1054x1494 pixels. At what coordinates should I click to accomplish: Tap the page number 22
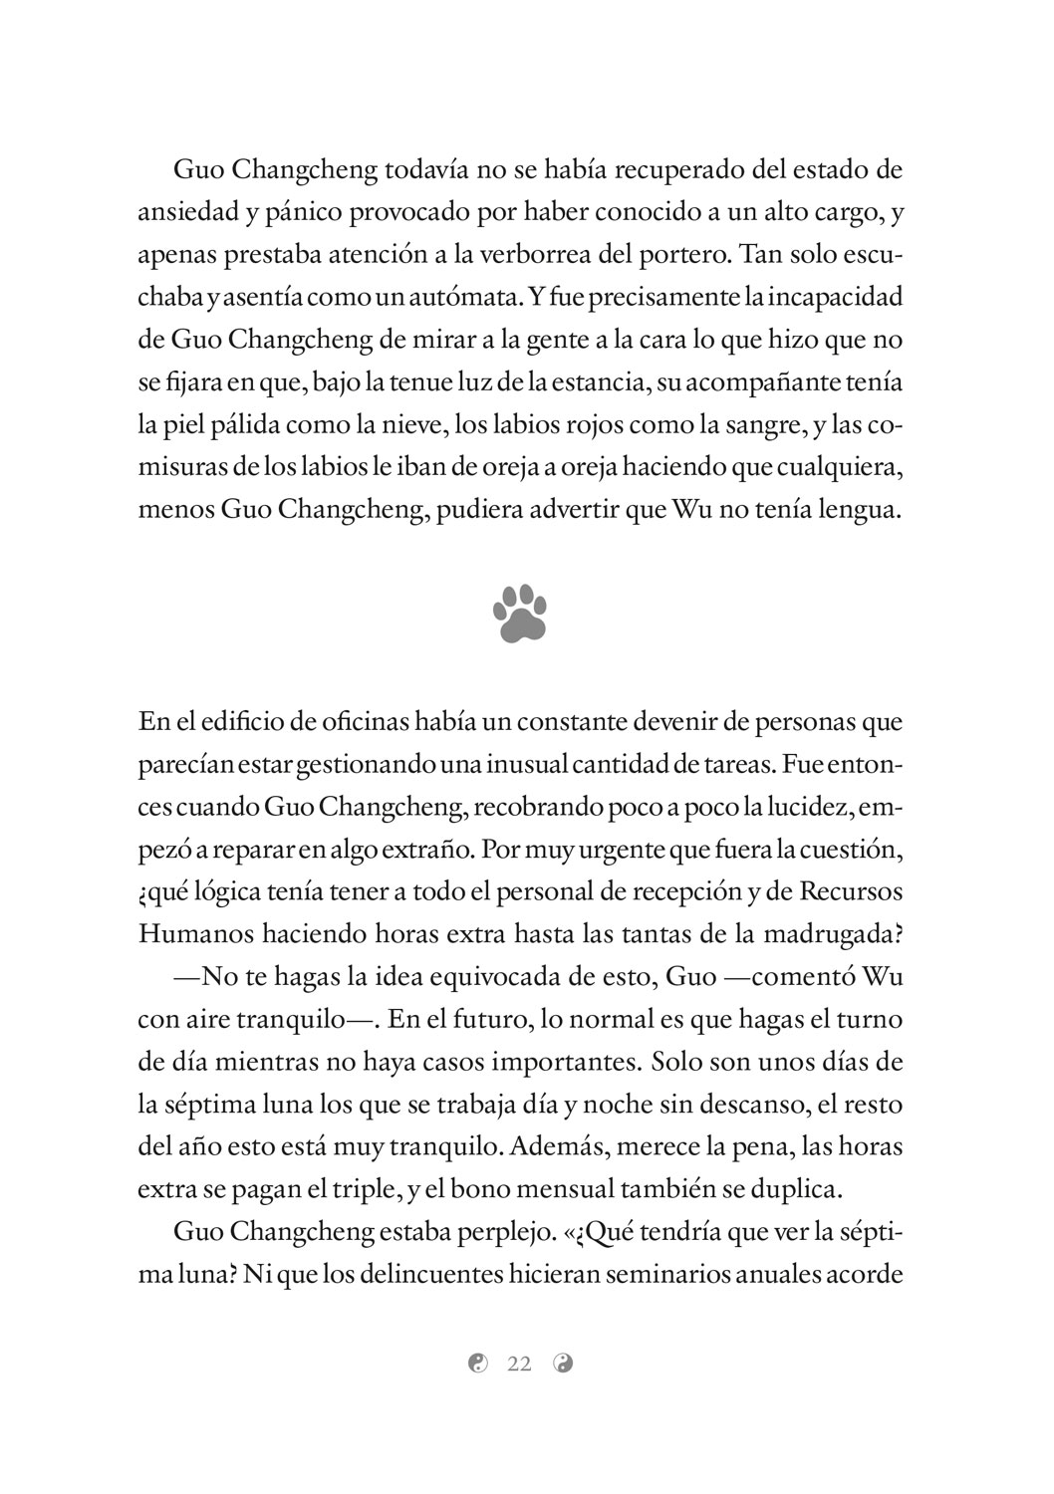click(x=519, y=1365)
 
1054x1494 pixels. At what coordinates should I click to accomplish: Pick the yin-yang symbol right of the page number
click(x=563, y=1365)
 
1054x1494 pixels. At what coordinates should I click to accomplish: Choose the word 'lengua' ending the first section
click(x=861, y=511)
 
